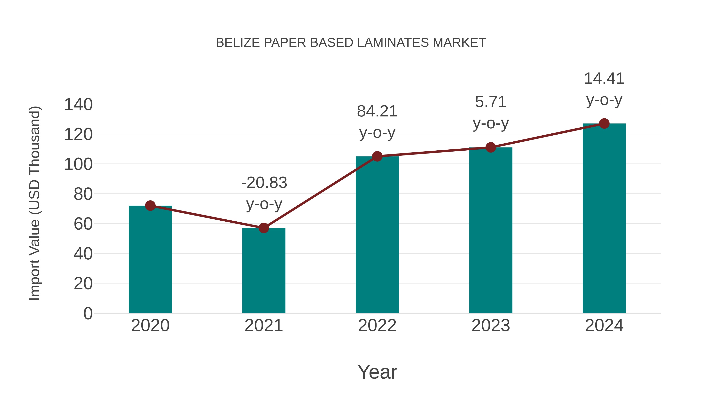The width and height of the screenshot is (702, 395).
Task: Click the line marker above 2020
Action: (150, 206)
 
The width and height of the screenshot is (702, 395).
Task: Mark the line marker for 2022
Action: (377, 156)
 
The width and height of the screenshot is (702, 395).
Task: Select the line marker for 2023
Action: (491, 147)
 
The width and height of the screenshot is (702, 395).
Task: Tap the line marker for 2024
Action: (604, 123)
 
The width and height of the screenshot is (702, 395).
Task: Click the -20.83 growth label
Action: (264, 183)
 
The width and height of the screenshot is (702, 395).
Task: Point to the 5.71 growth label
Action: (491, 102)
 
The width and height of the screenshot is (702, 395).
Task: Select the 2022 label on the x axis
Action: (377, 326)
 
